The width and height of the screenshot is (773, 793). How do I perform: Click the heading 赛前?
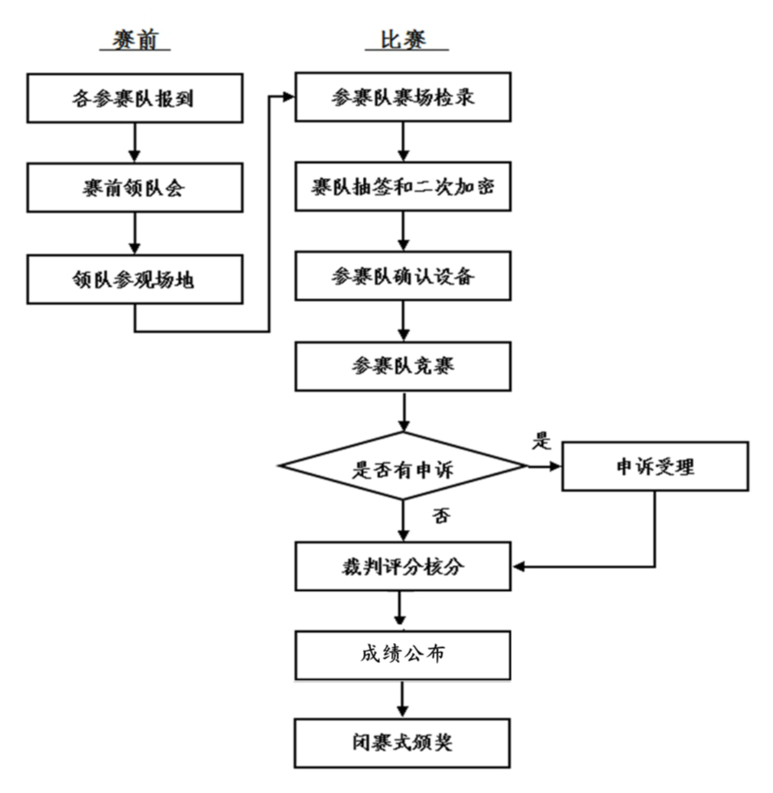point(135,40)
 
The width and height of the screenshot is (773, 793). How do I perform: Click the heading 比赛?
point(403,40)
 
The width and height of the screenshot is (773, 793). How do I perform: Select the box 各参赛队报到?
point(135,98)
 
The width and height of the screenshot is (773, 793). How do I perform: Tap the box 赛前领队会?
point(135,188)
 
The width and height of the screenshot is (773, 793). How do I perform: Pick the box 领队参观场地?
point(135,279)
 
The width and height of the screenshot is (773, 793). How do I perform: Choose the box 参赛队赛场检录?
point(403,97)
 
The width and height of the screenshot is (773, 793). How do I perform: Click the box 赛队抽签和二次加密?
point(403,187)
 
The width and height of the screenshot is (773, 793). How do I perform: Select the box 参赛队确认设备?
point(403,276)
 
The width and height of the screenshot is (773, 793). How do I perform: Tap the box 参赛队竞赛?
point(403,366)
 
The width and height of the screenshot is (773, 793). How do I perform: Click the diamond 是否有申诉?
point(403,467)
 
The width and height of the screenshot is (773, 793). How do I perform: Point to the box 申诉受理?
point(655,467)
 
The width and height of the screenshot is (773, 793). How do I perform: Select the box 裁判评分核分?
point(403,566)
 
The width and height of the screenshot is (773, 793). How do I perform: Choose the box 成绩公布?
point(403,655)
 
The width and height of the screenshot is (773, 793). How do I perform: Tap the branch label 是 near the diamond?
point(542,441)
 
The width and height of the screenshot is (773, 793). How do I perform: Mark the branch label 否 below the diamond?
point(441,516)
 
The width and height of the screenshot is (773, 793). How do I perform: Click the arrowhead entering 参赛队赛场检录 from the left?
point(288,97)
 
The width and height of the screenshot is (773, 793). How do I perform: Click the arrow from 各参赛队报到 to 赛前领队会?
point(135,143)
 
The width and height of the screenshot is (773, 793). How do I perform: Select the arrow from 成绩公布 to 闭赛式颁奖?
point(403,699)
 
